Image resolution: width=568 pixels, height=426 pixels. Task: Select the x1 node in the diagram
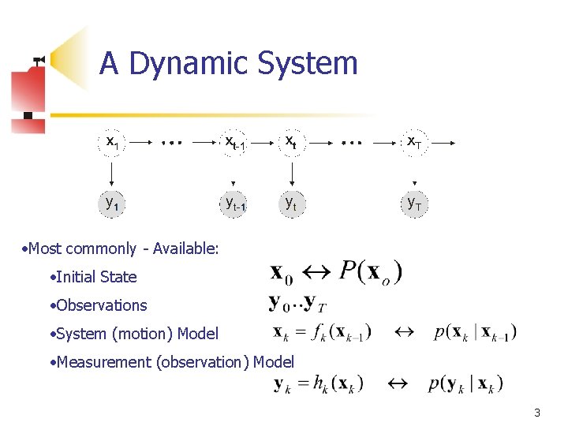(114, 143)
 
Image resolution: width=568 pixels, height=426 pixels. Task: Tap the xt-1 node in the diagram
(234, 143)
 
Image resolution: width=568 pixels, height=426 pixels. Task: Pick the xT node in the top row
(413, 143)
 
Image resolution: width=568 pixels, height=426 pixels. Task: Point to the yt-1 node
(234, 204)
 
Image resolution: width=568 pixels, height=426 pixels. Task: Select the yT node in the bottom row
(413, 204)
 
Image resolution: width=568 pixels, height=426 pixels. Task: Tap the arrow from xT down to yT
(413, 172)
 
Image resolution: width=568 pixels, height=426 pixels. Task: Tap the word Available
(185, 248)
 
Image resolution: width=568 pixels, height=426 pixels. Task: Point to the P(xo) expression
(371, 272)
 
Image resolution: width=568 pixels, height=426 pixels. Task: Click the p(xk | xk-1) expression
(475, 332)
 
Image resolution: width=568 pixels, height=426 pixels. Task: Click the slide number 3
(536, 412)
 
